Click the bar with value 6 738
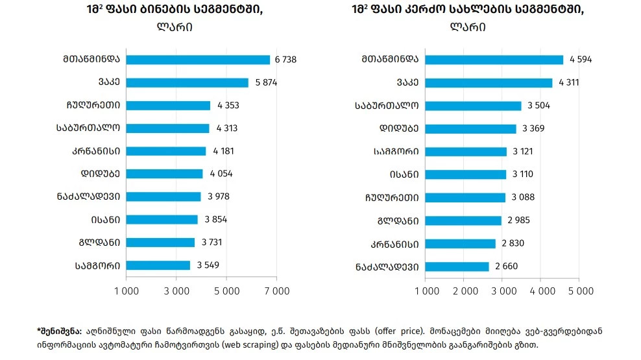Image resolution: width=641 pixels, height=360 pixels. (x=198, y=60)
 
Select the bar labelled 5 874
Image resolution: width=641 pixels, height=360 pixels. (x=187, y=82)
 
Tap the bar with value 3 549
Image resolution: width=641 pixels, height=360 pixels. (x=158, y=265)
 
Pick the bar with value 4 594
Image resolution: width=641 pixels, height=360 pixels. (x=494, y=60)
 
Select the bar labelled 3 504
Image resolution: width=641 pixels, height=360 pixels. (x=472, y=106)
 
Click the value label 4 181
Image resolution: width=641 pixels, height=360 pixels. (x=223, y=151)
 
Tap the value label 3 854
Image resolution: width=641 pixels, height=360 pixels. (x=214, y=219)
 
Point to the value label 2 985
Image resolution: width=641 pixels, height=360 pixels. (x=518, y=220)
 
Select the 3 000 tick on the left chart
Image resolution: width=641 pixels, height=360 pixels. (x=176, y=291)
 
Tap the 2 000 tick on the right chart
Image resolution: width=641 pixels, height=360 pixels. (x=465, y=291)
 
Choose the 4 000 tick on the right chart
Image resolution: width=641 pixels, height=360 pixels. (x=541, y=291)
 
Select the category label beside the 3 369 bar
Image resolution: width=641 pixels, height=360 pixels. (x=397, y=128)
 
